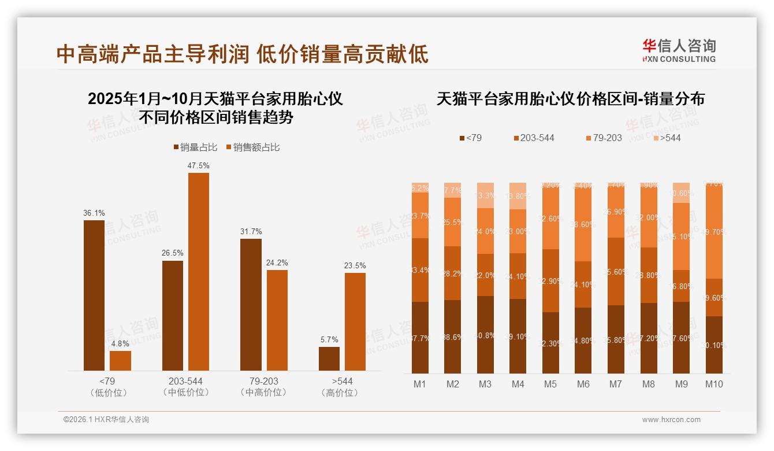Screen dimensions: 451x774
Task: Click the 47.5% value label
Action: tap(198, 165)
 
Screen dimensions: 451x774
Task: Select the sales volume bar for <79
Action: tap(94, 295)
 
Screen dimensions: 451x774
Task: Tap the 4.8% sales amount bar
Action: tap(120, 360)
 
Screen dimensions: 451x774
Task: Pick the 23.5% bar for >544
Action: tap(355, 321)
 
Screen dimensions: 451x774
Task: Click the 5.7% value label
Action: tap(329, 339)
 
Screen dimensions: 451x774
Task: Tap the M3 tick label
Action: tap(485, 384)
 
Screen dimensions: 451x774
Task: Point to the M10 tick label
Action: tap(714, 384)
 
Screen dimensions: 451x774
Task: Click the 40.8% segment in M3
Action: tap(485, 335)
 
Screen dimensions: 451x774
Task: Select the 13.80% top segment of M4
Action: tap(518, 196)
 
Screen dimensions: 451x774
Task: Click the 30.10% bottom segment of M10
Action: tap(714, 345)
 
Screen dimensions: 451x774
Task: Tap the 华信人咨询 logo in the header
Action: tap(679, 50)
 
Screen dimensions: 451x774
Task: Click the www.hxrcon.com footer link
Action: tap(671, 420)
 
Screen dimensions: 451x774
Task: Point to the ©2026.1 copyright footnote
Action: tap(106, 420)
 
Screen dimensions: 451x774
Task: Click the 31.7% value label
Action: tap(251, 231)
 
